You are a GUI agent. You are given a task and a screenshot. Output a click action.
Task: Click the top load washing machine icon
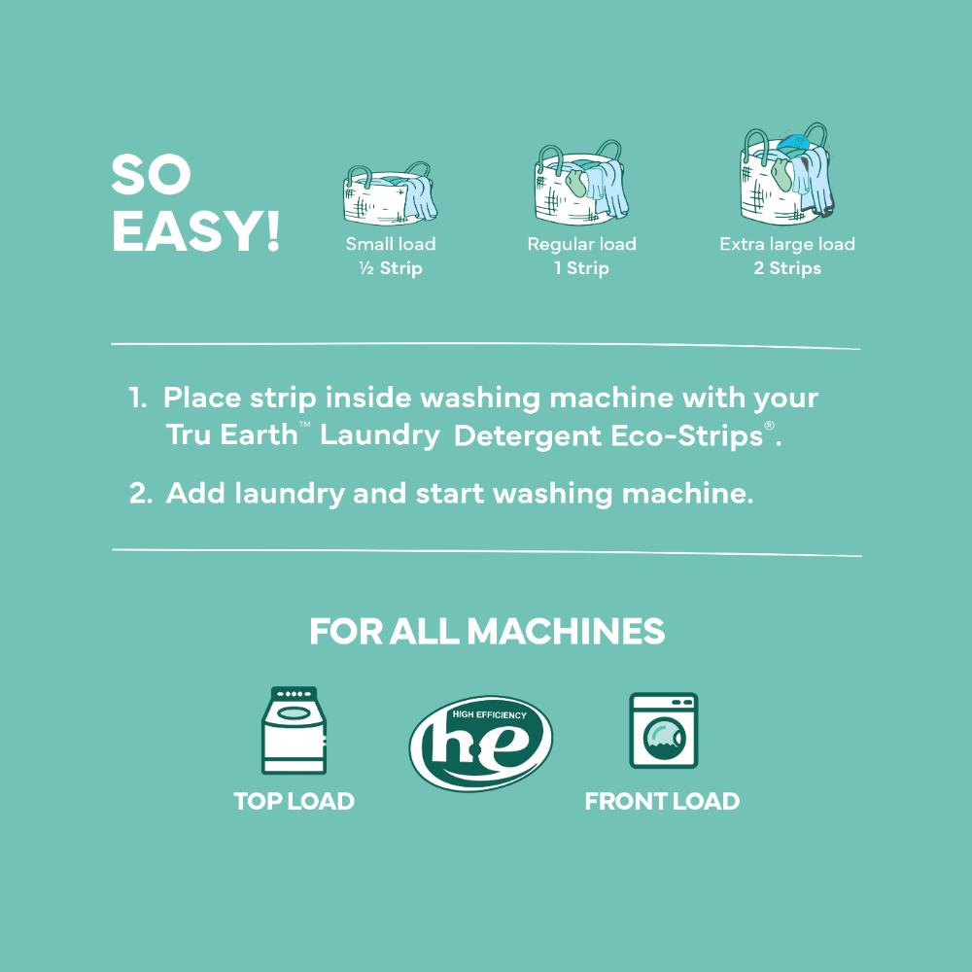tap(294, 730)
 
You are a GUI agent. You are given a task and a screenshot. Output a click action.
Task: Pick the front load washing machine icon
tap(663, 730)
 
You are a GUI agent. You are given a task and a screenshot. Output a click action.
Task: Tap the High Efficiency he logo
tap(481, 743)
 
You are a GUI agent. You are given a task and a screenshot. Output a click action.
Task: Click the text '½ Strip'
tap(391, 268)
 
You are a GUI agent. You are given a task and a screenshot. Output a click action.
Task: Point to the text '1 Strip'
tap(581, 268)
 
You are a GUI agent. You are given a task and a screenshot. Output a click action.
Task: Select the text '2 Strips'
tap(787, 268)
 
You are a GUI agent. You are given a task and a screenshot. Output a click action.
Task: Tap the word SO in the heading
tap(152, 174)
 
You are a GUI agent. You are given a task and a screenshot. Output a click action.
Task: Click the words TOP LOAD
tap(294, 801)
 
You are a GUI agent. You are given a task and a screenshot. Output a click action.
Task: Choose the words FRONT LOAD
tap(662, 801)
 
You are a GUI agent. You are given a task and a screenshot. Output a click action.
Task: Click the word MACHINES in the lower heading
tap(566, 631)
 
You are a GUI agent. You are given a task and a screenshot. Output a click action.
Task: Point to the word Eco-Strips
tap(687, 435)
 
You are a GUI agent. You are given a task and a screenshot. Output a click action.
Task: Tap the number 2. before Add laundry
tap(141, 494)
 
